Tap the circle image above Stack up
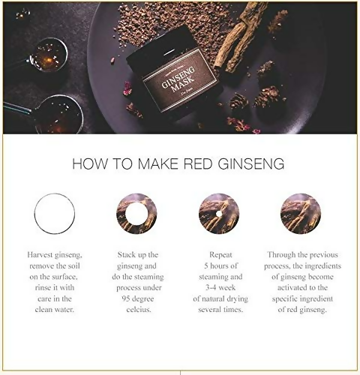point(136,213)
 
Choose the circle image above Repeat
point(219,213)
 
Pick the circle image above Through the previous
point(301,213)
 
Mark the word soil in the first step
point(71,266)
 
